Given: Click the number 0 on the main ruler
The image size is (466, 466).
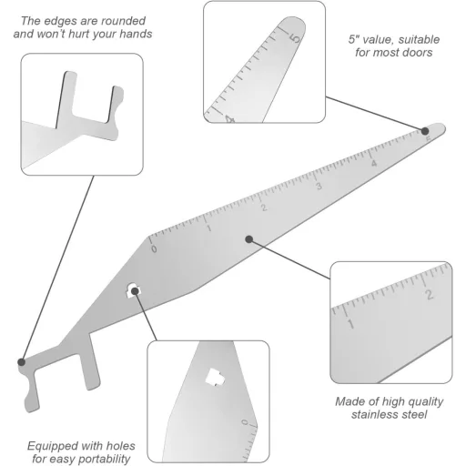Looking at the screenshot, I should click(x=154, y=248).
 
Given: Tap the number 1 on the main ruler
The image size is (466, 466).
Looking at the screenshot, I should click(x=209, y=227).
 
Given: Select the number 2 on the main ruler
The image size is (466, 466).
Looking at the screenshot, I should click(x=264, y=207).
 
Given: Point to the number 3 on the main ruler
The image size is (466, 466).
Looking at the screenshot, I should click(x=319, y=186).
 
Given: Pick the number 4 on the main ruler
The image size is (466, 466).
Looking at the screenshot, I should click(x=373, y=164).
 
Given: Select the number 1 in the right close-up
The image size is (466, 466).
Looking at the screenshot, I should click(x=351, y=323).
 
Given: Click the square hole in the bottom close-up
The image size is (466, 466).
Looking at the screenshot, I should click(x=215, y=376).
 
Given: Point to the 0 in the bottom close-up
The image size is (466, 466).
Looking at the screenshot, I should click(x=244, y=423).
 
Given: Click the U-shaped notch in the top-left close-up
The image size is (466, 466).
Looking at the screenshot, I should click(x=89, y=100).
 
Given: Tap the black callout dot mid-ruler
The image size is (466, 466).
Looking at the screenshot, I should click(x=248, y=239).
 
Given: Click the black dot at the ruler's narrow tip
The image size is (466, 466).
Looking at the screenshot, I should click(x=426, y=131).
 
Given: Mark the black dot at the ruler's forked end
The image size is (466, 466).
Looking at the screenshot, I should click(x=21, y=362).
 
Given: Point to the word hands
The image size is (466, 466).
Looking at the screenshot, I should click(x=132, y=34).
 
